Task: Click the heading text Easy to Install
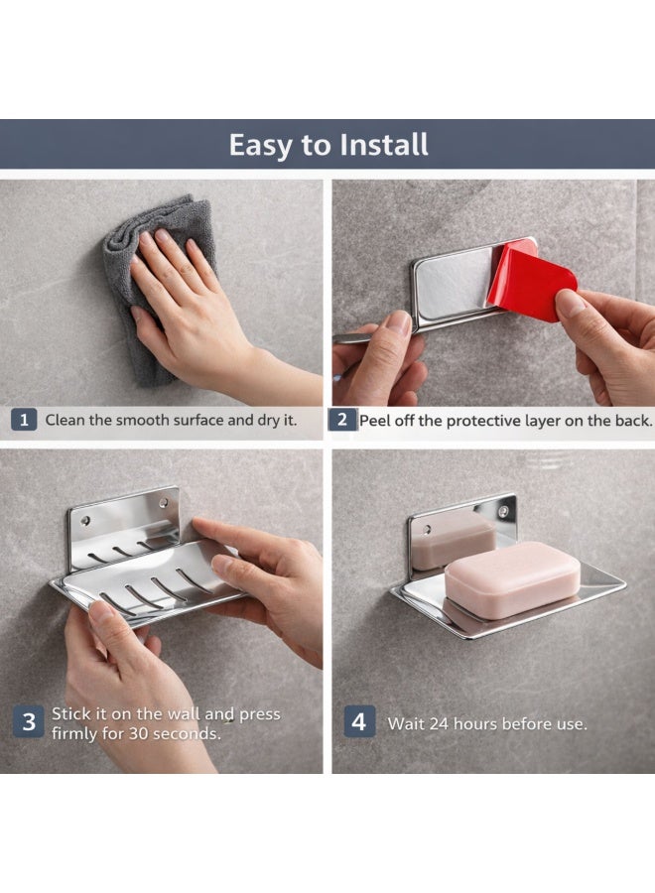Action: point(328,145)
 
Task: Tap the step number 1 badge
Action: point(25,420)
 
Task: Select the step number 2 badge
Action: point(342,420)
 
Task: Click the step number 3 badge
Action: point(29,722)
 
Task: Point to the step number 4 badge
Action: point(358,722)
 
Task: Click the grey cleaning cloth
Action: point(149,248)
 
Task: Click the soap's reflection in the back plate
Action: point(453,540)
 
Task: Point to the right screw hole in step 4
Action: point(504,511)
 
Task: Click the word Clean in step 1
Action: point(65,420)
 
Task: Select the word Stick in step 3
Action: point(70,714)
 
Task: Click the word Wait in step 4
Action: point(406,724)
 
